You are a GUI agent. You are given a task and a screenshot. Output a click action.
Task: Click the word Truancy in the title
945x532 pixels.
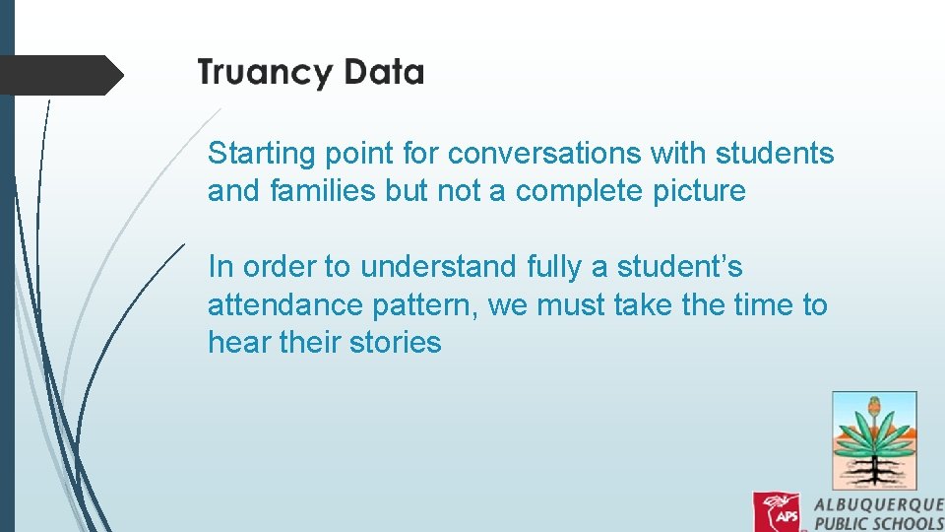[262, 74]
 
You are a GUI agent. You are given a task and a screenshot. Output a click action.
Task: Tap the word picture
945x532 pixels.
[700, 191]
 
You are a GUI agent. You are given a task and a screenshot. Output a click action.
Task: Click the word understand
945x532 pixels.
[438, 267]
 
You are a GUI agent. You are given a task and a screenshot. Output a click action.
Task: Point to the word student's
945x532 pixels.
[679, 267]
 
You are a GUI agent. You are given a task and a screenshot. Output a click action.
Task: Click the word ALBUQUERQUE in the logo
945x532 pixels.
[879, 503]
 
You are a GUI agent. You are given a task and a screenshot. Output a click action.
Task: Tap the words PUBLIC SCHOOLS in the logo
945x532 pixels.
[879, 522]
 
